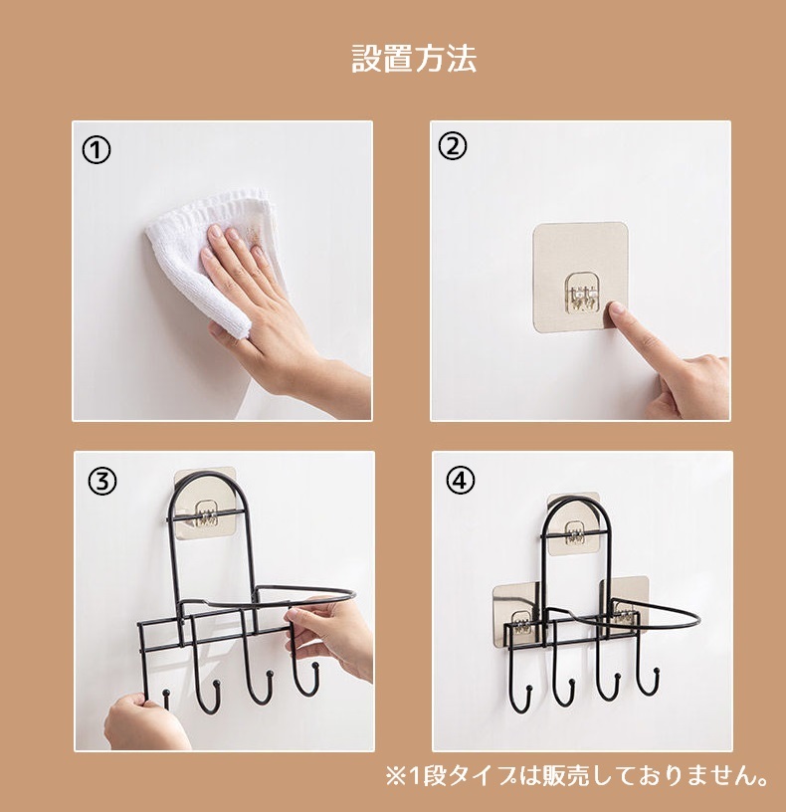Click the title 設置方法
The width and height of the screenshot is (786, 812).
(414, 58)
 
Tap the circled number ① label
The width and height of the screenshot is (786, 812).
(97, 150)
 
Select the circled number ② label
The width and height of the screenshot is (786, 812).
(453, 146)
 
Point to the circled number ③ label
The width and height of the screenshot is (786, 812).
(102, 481)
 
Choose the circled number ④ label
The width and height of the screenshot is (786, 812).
(460, 481)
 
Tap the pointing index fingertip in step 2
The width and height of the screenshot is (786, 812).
(616, 309)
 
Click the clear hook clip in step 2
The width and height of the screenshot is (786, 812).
(585, 293)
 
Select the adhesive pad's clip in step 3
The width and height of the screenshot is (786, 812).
(207, 514)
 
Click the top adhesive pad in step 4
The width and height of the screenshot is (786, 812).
(574, 524)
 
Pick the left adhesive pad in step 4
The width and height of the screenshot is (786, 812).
(516, 615)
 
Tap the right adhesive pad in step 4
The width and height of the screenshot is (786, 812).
(624, 606)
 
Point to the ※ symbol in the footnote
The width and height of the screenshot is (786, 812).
(396, 776)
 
